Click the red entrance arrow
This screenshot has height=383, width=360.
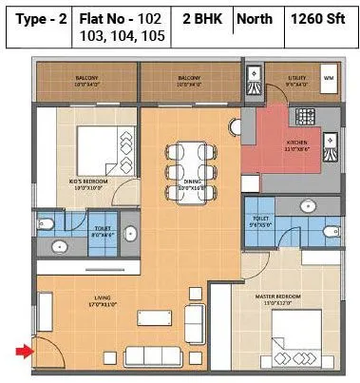point(22,354)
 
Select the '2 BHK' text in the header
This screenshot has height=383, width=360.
point(202,18)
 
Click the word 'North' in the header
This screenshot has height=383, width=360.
point(254,18)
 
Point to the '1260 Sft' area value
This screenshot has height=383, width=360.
point(319,18)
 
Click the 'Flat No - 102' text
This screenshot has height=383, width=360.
point(120,18)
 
